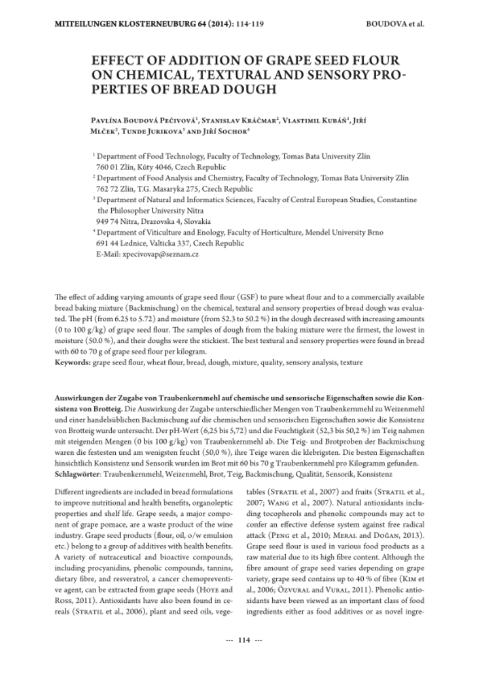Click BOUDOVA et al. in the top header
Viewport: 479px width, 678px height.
pyautogui.click(x=395, y=25)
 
